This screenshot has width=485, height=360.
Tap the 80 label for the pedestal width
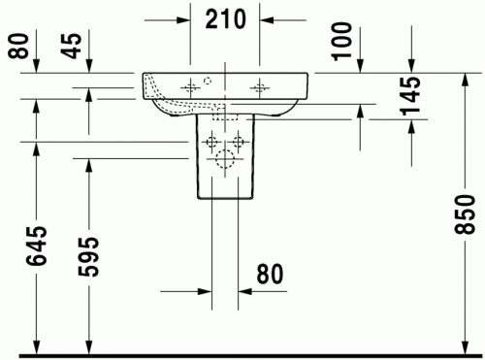[271, 277]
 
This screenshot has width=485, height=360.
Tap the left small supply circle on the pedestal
[210, 143]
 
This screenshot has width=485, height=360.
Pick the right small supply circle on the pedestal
[242, 143]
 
